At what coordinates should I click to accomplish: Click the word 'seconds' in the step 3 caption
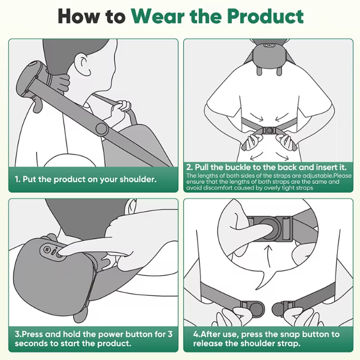pos(31,343)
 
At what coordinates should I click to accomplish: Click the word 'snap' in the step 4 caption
pos(282,334)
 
